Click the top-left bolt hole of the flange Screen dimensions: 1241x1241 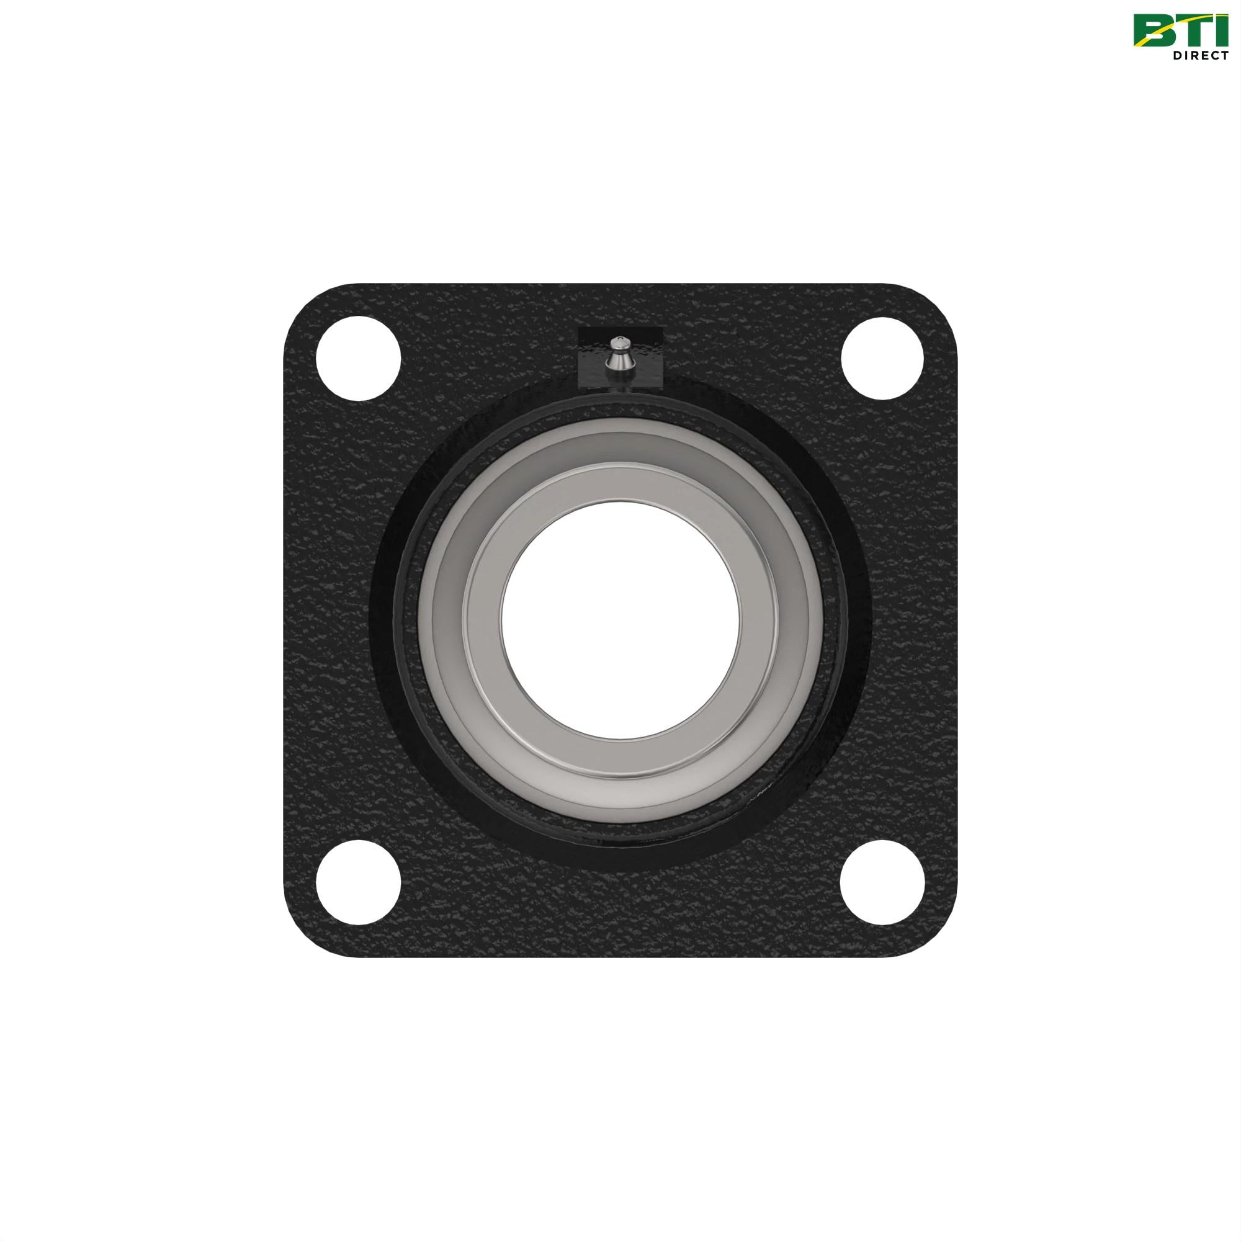[x=359, y=359]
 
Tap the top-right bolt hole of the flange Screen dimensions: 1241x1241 [x=882, y=359]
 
